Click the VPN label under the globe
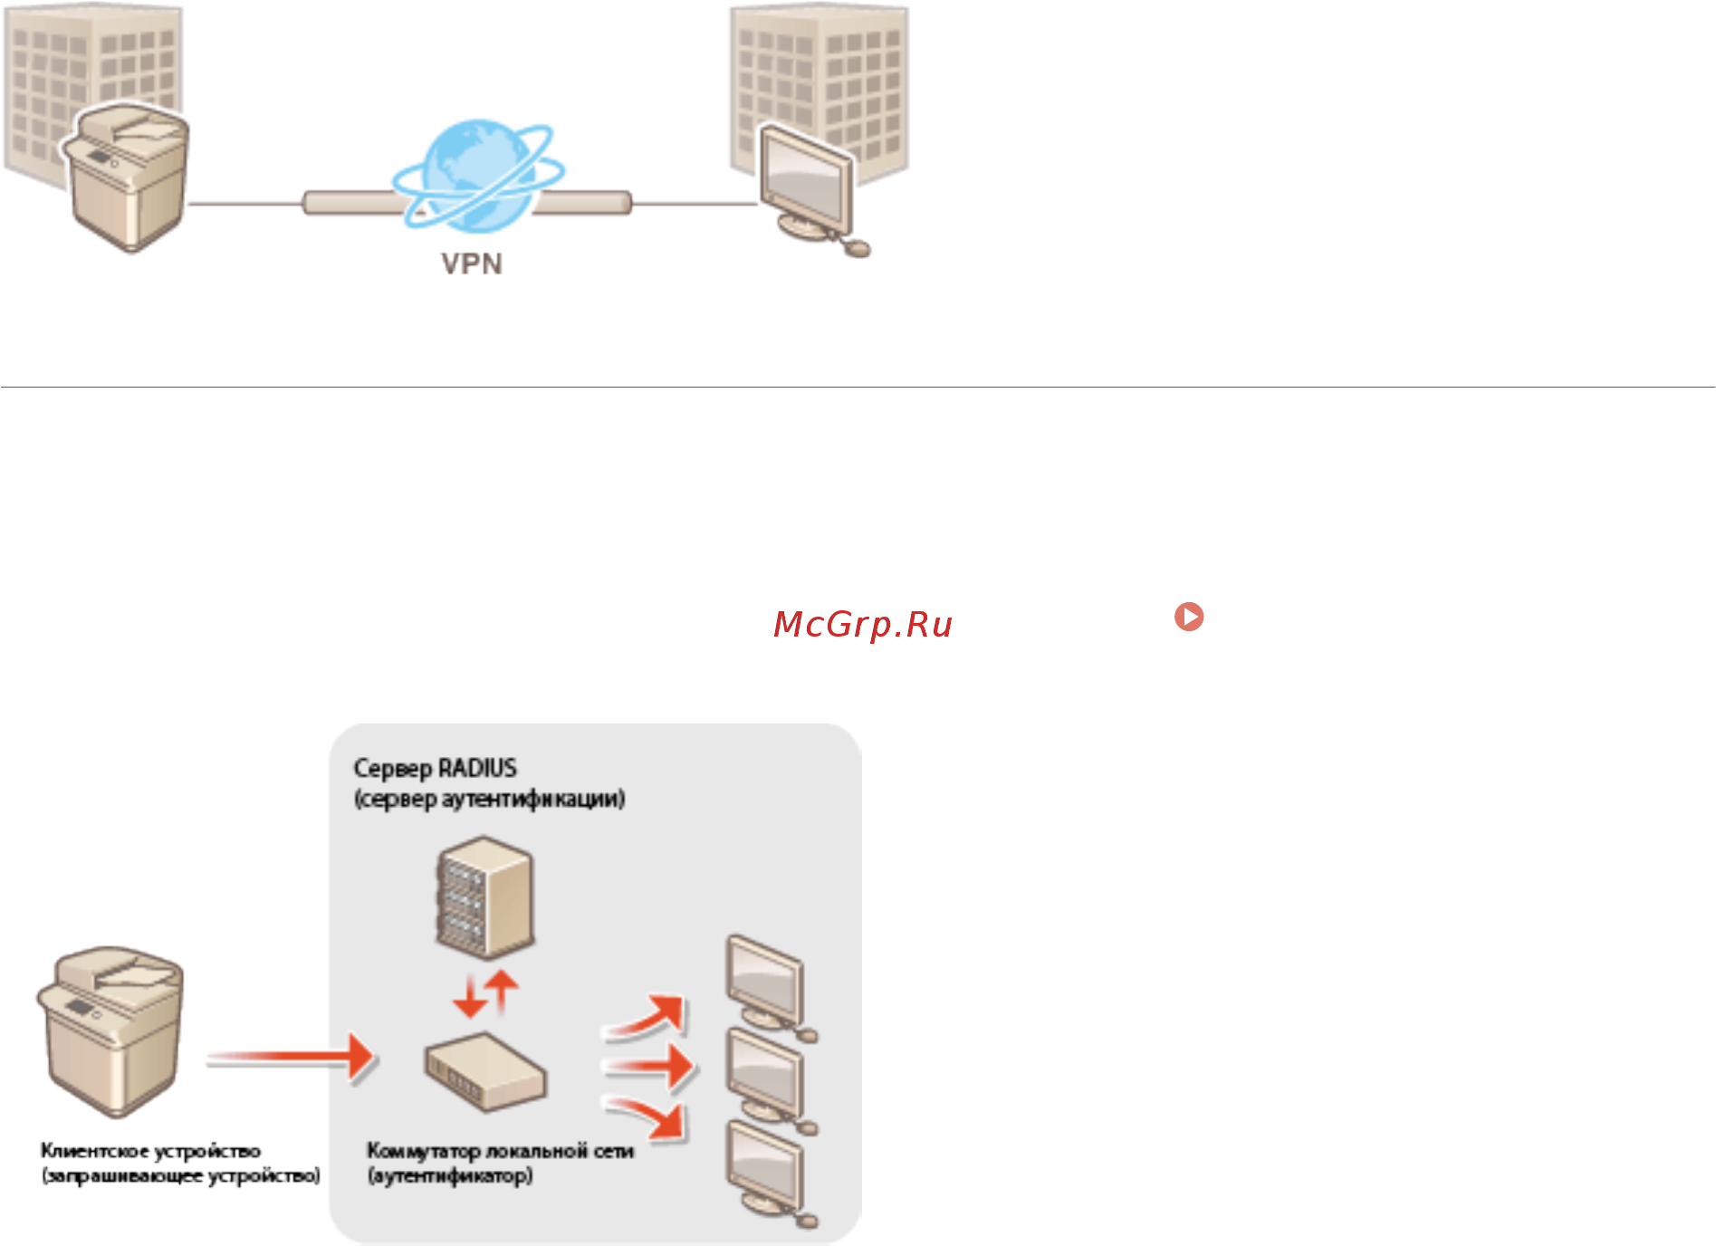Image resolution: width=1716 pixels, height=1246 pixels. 471,264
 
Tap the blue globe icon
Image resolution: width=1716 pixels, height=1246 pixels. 476,177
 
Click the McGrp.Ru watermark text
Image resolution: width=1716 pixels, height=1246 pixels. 862,624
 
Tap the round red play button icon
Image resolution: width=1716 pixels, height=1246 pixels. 1188,617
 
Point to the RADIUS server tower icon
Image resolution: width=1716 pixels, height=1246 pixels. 484,897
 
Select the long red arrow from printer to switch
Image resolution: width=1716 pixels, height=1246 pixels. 290,1058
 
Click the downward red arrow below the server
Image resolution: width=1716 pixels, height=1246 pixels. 469,997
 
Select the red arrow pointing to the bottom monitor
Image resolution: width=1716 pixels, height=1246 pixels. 648,1117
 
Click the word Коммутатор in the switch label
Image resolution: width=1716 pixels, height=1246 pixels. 423,1151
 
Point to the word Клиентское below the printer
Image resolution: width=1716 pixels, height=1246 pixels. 94,1151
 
